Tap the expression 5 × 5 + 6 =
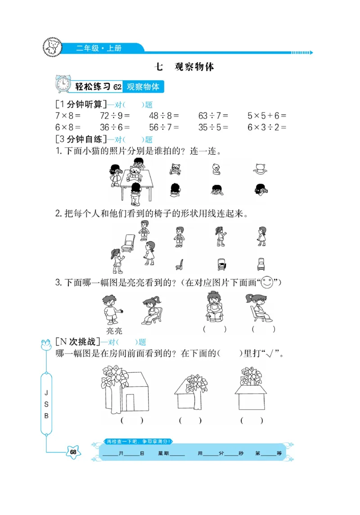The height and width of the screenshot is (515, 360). click(267, 116)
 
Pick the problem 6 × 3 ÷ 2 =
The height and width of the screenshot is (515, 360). click(267, 127)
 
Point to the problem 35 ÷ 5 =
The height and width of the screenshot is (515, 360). click(213, 127)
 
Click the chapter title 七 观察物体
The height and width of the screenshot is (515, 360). click(184, 67)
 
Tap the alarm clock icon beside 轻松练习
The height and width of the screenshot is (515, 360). click(63, 84)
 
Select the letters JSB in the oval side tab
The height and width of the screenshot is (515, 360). click(46, 404)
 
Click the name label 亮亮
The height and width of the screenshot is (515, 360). click(114, 331)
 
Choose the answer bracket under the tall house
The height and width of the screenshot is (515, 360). click(132, 420)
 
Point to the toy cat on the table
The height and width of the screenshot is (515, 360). click(135, 173)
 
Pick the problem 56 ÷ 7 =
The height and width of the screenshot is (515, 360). click(164, 127)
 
